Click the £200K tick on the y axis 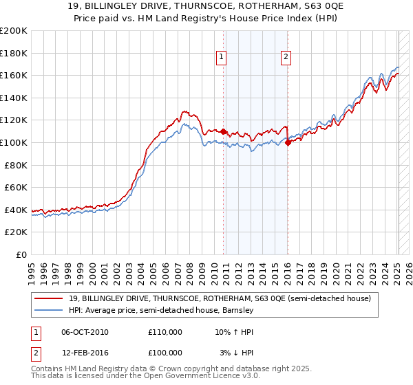pyautogui.click(x=14, y=31)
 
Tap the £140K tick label pyautogui.click(x=14, y=98)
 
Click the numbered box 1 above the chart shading pyautogui.click(x=222, y=58)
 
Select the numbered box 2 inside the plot pyautogui.click(x=285, y=58)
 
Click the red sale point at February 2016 pyautogui.click(x=288, y=142)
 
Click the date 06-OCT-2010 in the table pyautogui.click(x=85, y=332)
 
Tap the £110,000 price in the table pyautogui.click(x=165, y=332)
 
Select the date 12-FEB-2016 pyautogui.click(x=85, y=353)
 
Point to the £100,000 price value pyautogui.click(x=165, y=353)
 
